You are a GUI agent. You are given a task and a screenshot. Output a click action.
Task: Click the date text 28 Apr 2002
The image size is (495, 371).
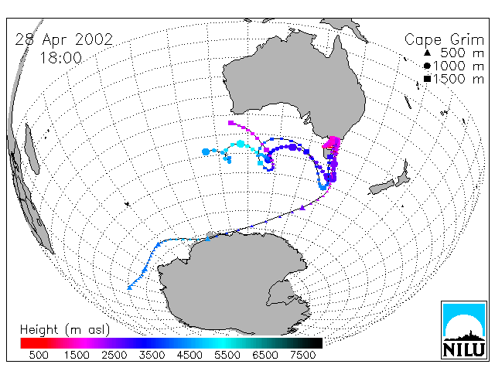click(x=64, y=39)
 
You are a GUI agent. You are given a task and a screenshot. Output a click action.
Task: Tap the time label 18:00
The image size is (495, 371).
click(x=60, y=58)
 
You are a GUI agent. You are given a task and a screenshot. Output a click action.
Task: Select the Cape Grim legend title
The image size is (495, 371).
click(x=444, y=40)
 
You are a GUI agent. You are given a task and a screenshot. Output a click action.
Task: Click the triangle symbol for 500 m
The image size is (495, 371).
click(x=427, y=53)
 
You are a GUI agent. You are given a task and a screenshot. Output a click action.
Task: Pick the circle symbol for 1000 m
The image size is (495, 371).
click(x=427, y=66)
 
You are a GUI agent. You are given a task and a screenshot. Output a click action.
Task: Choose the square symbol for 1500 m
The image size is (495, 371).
click(x=427, y=79)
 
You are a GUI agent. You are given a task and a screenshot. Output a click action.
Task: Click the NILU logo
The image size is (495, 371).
click(x=464, y=330)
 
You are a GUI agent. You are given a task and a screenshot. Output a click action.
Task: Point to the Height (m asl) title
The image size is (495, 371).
click(x=65, y=330)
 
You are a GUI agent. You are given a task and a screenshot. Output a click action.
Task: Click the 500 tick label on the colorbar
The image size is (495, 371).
click(x=39, y=355)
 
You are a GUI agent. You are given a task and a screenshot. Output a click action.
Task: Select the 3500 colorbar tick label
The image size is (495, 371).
click(x=152, y=355)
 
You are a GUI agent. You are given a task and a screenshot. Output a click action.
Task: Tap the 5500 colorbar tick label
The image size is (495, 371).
click(x=227, y=355)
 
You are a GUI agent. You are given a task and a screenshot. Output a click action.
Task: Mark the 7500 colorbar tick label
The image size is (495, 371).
click(x=302, y=355)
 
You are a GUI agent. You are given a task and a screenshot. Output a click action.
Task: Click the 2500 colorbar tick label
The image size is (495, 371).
click(x=114, y=355)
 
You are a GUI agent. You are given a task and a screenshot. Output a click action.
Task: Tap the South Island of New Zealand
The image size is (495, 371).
click(x=382, y=187)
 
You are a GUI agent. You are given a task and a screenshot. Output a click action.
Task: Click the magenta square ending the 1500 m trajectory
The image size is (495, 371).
click(x=230, y=123)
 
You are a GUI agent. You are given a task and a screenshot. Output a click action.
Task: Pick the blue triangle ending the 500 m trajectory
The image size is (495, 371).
click(x=129, y=288)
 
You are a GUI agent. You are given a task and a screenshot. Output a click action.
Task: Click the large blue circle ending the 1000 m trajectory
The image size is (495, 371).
click(x=206, y=151)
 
